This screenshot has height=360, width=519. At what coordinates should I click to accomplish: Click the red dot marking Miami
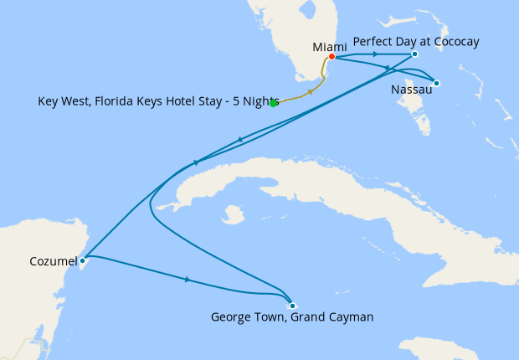point(332,57)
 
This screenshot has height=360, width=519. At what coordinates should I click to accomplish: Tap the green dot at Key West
point(274,103)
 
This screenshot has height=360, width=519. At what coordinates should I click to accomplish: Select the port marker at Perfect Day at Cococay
point(415,55)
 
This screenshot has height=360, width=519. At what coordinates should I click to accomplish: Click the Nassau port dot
point(437,83)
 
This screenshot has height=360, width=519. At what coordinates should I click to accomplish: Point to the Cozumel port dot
point(82,261)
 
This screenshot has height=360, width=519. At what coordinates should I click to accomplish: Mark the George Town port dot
point(291,306)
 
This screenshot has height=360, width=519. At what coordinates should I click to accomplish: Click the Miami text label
point(329,47)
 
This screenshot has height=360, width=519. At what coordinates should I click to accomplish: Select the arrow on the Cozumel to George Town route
point(187,280)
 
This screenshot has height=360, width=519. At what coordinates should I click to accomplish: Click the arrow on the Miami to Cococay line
point(373,54)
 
